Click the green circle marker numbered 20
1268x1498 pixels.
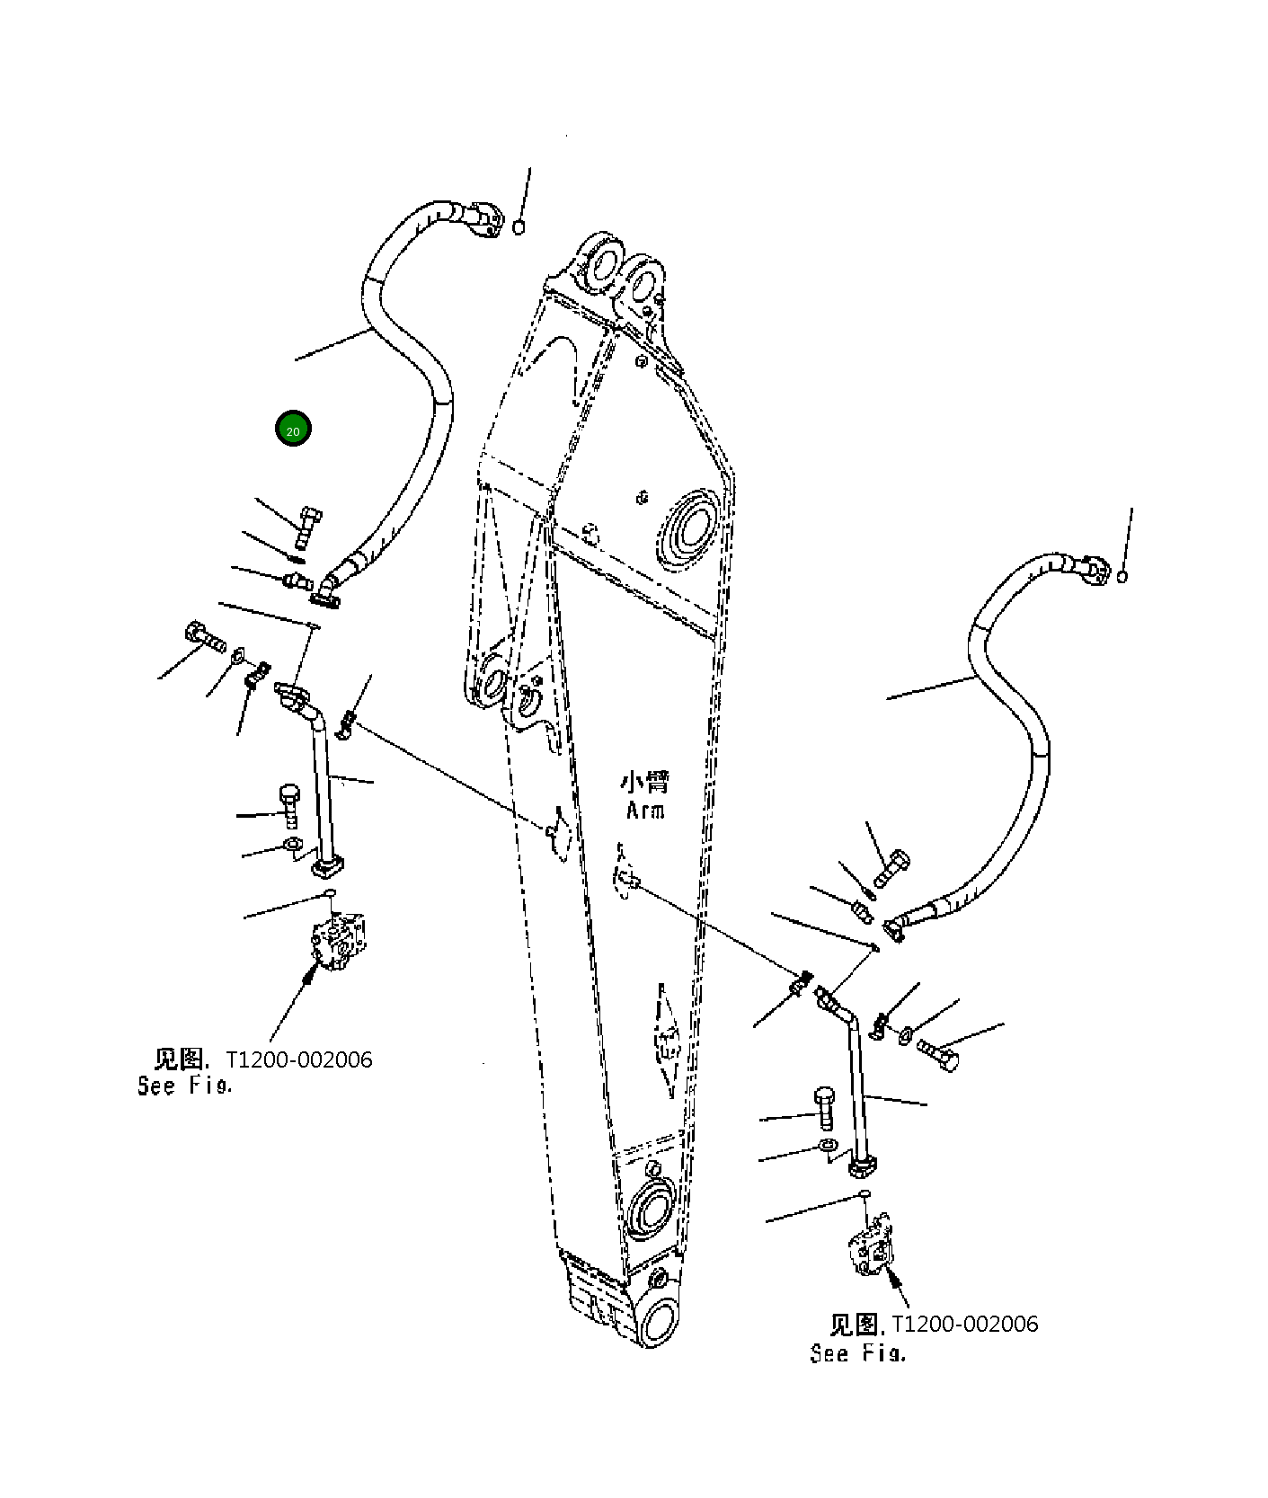(293, 429)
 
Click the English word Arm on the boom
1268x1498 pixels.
(645, 811)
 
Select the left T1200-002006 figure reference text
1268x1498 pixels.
(298, 1059)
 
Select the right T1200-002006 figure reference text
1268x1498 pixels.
(964, 1324)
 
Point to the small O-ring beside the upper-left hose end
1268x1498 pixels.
(519, 227)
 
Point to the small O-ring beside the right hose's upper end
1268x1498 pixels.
(1122, 576)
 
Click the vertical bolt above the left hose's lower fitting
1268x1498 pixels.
(308, 526)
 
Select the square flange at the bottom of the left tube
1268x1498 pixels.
(328, 866)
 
